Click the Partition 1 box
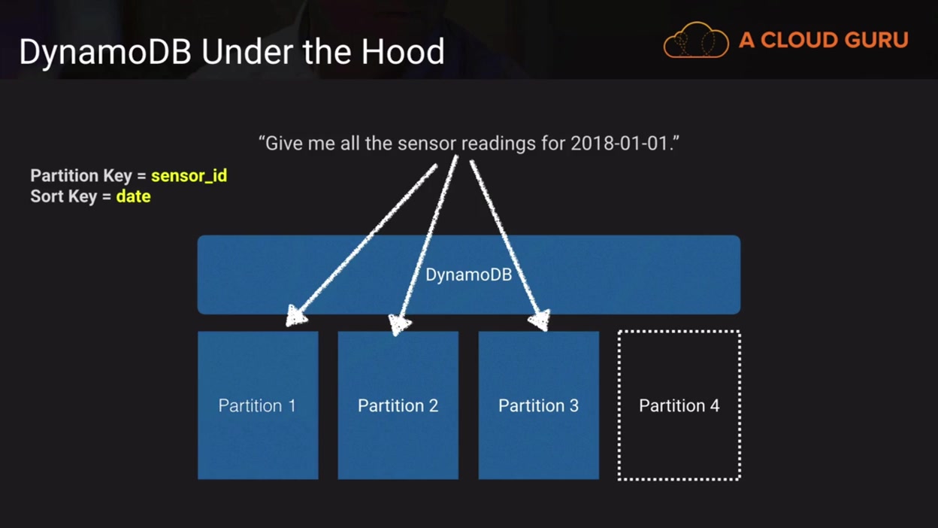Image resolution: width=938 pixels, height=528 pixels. coord(258,421)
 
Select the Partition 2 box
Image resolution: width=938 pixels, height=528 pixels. coord(398,421)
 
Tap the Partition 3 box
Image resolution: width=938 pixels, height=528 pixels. coord(538,421)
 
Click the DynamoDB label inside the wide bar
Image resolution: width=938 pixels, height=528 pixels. coord(468,275)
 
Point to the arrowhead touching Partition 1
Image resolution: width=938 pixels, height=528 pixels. coord(296,317)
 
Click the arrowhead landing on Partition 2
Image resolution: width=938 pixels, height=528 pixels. coord(400,324)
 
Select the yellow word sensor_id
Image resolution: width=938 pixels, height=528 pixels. coord(189,176)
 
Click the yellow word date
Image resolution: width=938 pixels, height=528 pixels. coord(133,197)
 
